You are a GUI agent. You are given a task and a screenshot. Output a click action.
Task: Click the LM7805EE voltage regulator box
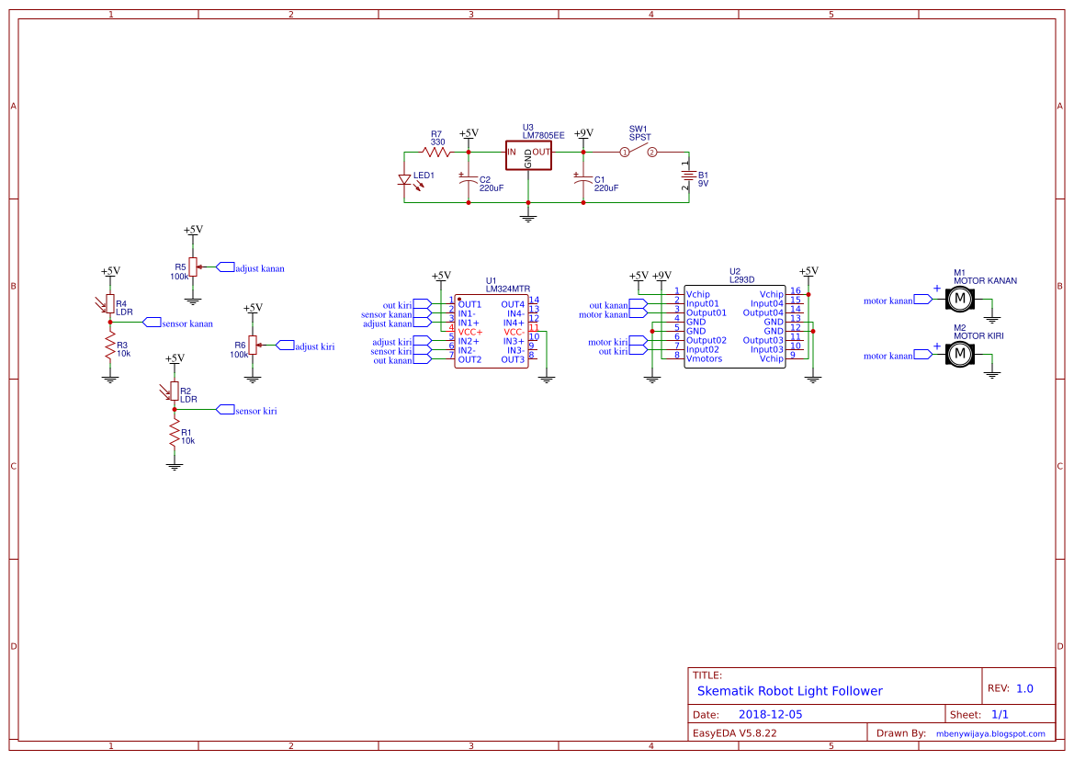528,155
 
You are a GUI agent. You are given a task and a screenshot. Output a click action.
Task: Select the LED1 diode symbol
403,180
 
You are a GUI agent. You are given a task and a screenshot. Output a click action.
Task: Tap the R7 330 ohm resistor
438,153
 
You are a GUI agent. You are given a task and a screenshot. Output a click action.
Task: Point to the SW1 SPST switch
639,152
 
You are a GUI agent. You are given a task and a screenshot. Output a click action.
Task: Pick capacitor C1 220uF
582,182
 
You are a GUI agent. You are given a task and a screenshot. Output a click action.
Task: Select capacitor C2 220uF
469,182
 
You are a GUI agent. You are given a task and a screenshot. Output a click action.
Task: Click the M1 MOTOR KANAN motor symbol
959,299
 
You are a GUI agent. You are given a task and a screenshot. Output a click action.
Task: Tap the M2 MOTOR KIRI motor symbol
959,354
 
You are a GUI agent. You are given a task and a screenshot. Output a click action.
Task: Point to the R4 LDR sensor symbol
109,304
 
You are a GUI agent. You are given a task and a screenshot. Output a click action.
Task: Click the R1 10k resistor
174,435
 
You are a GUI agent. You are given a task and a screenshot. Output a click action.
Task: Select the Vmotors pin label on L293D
704,358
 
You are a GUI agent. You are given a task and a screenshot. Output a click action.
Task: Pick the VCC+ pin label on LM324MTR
469,332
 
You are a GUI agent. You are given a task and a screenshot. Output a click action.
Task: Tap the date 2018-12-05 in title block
770,714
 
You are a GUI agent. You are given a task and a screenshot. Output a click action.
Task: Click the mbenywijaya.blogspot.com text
989,733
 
